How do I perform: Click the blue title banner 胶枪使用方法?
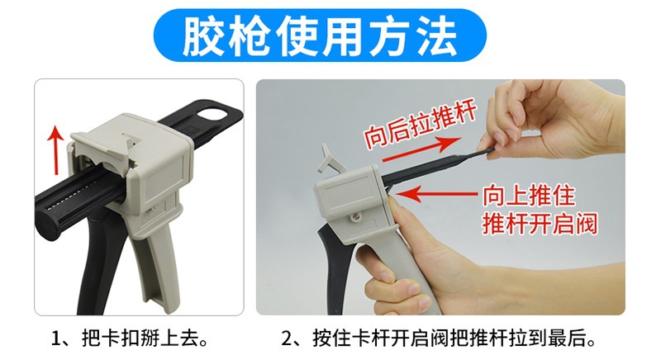[320, 36]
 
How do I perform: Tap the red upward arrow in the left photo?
[55, 150]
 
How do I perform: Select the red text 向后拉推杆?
[421, 125]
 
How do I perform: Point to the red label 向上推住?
[529, 196]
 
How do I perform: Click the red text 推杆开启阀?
[540, 223]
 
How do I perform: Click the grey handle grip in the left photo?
[157, 269]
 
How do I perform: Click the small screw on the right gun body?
[356, 216]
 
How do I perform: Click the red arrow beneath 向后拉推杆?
[421, 149]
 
